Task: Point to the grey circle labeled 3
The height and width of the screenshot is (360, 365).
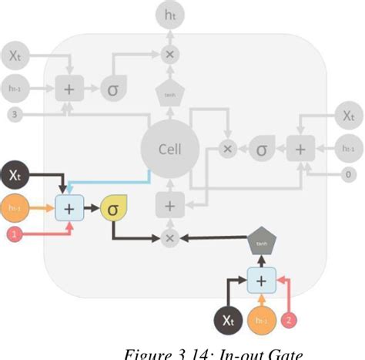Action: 15,113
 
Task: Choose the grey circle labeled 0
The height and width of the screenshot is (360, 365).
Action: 348,174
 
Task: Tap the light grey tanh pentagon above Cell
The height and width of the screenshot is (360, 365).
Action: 169,94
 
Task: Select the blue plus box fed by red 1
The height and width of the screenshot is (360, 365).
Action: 69,208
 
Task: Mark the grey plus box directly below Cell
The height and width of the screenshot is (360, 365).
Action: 169,206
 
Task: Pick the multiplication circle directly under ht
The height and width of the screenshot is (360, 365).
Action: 169,53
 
